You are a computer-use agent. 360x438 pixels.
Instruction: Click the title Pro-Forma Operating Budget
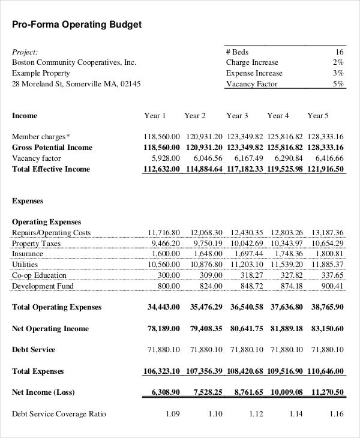(77, 25)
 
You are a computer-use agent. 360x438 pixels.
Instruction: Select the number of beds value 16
(339, 52)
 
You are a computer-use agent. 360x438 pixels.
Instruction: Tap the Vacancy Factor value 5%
(338, 84)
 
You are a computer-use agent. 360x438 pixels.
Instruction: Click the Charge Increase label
(252, 62)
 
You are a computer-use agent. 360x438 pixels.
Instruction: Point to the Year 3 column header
(237, 116)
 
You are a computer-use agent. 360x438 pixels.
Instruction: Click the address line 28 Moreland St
(76, 84)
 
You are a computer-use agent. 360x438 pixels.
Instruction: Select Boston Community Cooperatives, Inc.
(74, 62)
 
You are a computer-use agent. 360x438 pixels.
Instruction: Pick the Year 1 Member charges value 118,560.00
(161, 137)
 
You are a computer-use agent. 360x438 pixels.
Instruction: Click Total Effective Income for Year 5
(326, 169)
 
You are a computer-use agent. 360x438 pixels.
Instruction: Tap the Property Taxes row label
(36, 244)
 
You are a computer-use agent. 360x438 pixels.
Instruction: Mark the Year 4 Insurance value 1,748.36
(287, 254)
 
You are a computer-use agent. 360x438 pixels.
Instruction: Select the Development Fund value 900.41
(332, 286)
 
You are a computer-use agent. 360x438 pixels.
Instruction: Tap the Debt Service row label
(34, 350)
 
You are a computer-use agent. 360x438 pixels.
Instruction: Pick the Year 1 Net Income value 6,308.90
(163, 393)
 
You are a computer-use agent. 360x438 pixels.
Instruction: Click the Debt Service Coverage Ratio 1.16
(337, 414)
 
